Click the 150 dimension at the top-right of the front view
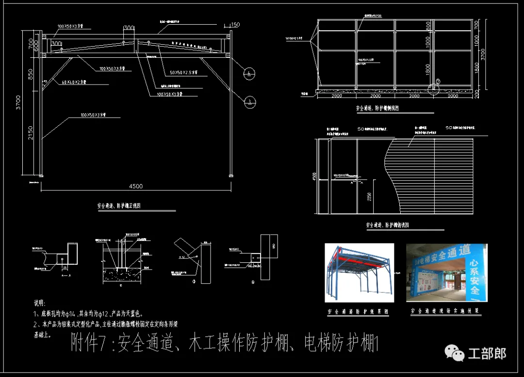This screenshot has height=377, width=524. pyautogui.click(x=235, y=25)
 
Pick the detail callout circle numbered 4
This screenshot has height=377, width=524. pyautogui.click(x=249, y=74)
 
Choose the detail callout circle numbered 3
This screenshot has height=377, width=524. pyautogui.click(x=249, y=102)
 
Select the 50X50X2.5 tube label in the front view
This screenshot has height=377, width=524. pyautogui.click(x=183, y=72)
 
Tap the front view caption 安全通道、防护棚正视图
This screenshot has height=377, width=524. pyautogui.click(x=119, y=206)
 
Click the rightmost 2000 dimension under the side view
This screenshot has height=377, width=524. pyautogui.click(x=453, y=96)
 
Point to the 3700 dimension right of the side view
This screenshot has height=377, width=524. pyautogui.click(x=483, y=54)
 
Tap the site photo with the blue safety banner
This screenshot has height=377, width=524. pyautogui.click(x=446, y=273)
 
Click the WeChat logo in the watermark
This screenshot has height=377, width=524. pyautogui.click(x=455, y=353)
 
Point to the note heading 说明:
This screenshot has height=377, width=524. pyautogui.click(x=39, y=303)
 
